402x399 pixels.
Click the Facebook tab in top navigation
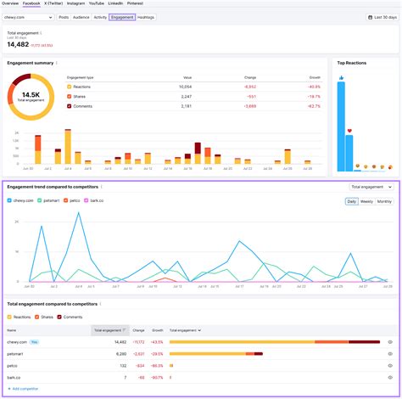pos(31,3)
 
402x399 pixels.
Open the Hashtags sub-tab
pos(146,17)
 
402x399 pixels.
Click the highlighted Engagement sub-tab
pos(122,17)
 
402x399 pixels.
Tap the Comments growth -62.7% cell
pos(313,106)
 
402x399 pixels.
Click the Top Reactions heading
pos(352,63)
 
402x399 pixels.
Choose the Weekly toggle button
pos(366,201)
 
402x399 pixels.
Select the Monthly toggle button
pos(384,201)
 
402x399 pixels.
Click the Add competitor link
pos(25,388)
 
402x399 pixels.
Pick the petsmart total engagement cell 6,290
pos(118,353)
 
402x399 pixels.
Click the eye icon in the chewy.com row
pos(389,341)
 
